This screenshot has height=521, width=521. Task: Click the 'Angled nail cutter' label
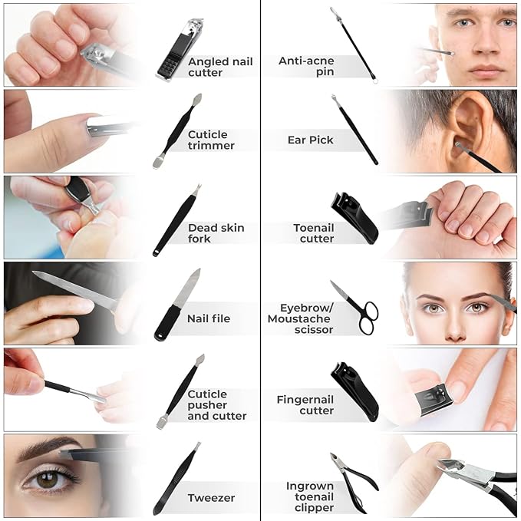[x=220, y=67]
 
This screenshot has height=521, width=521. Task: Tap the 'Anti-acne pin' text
[x=306, y=66]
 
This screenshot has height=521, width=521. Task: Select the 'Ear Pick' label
[x=310, y=140]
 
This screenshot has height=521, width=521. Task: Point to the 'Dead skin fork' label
[x=216, y=233]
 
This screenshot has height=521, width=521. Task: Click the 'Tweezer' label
[x=211, y=498]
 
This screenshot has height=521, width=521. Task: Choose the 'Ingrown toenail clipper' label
[x=310, y=496]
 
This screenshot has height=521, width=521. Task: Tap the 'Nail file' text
[x=209, y=318]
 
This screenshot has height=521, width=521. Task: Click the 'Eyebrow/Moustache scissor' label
[x=300, y=318]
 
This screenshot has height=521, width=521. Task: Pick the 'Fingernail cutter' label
[x=305, y=404]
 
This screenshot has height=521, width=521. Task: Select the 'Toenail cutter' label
[x=313, y=233]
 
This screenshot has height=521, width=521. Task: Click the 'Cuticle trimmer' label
[x=211, y=140]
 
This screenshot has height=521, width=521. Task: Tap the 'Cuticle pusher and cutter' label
[x=216, y=404]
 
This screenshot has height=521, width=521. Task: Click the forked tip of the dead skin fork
[x=198, y=189]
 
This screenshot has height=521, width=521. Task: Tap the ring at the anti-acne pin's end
[x=375, y=81]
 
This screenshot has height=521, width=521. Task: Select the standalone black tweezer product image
[x=176, y=479]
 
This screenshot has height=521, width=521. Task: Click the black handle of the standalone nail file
[x=167, y=323]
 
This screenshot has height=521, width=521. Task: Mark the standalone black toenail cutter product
[x=354, y=218]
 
